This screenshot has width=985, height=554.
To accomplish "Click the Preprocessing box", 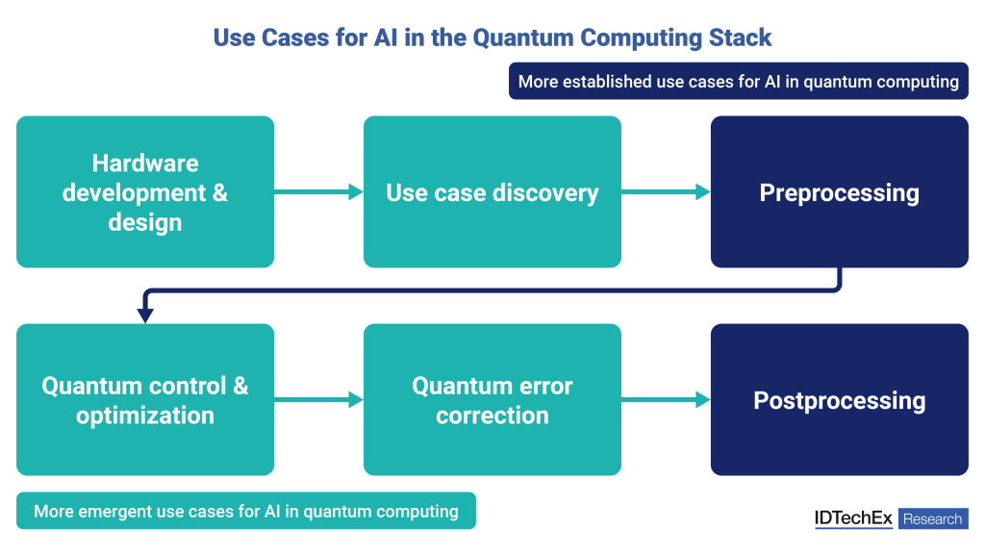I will pos(839,192).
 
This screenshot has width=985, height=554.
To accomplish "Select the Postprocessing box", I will pos(839,400).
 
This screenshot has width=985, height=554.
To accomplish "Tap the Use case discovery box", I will pos(492,192).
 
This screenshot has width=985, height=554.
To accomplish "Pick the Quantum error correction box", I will pos(492,400).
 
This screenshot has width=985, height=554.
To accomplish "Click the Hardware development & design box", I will pos(145,192).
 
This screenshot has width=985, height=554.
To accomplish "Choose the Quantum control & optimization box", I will pos(145,400).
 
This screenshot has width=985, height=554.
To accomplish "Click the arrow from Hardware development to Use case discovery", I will pos(318,192).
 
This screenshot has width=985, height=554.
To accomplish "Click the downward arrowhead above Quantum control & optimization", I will pos(145,314).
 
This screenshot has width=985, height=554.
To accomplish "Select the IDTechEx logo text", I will pos(853,518).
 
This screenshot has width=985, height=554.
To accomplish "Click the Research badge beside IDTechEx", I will pos(932,519).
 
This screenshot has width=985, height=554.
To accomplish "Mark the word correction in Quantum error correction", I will pos(492,415).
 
